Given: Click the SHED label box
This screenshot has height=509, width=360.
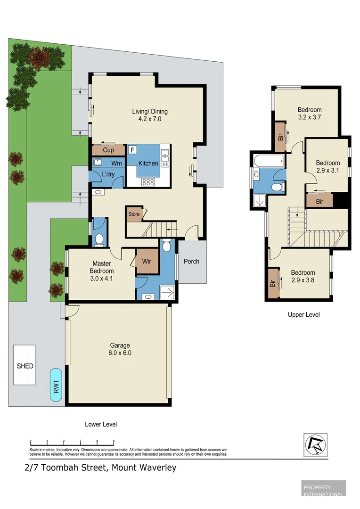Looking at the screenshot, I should pos(25,366).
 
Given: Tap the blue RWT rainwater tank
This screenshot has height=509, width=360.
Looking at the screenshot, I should pos(57,385).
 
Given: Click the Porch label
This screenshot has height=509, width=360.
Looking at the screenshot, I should pos(191,262).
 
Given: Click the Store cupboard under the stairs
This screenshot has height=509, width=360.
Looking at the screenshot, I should pos(134,214).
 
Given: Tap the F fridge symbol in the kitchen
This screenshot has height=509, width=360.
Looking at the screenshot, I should pos(132,150).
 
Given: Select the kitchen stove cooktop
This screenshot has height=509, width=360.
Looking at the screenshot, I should pos(148,181).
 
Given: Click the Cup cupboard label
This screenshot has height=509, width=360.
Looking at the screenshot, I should pos(108,150).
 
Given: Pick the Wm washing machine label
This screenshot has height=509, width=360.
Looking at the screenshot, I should pos(116,163).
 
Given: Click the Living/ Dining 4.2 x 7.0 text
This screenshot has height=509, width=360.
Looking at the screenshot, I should pos(150,115).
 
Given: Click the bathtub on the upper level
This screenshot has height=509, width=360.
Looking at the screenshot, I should pos(269,160).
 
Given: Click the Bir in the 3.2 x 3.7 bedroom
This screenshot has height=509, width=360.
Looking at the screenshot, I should pos(280,137).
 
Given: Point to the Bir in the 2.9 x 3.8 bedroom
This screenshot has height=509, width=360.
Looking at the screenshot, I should pos(273,284).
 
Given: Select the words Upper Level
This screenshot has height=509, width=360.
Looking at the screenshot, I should pos(303,315).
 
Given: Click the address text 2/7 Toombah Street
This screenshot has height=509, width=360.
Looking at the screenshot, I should pos(66,468).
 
